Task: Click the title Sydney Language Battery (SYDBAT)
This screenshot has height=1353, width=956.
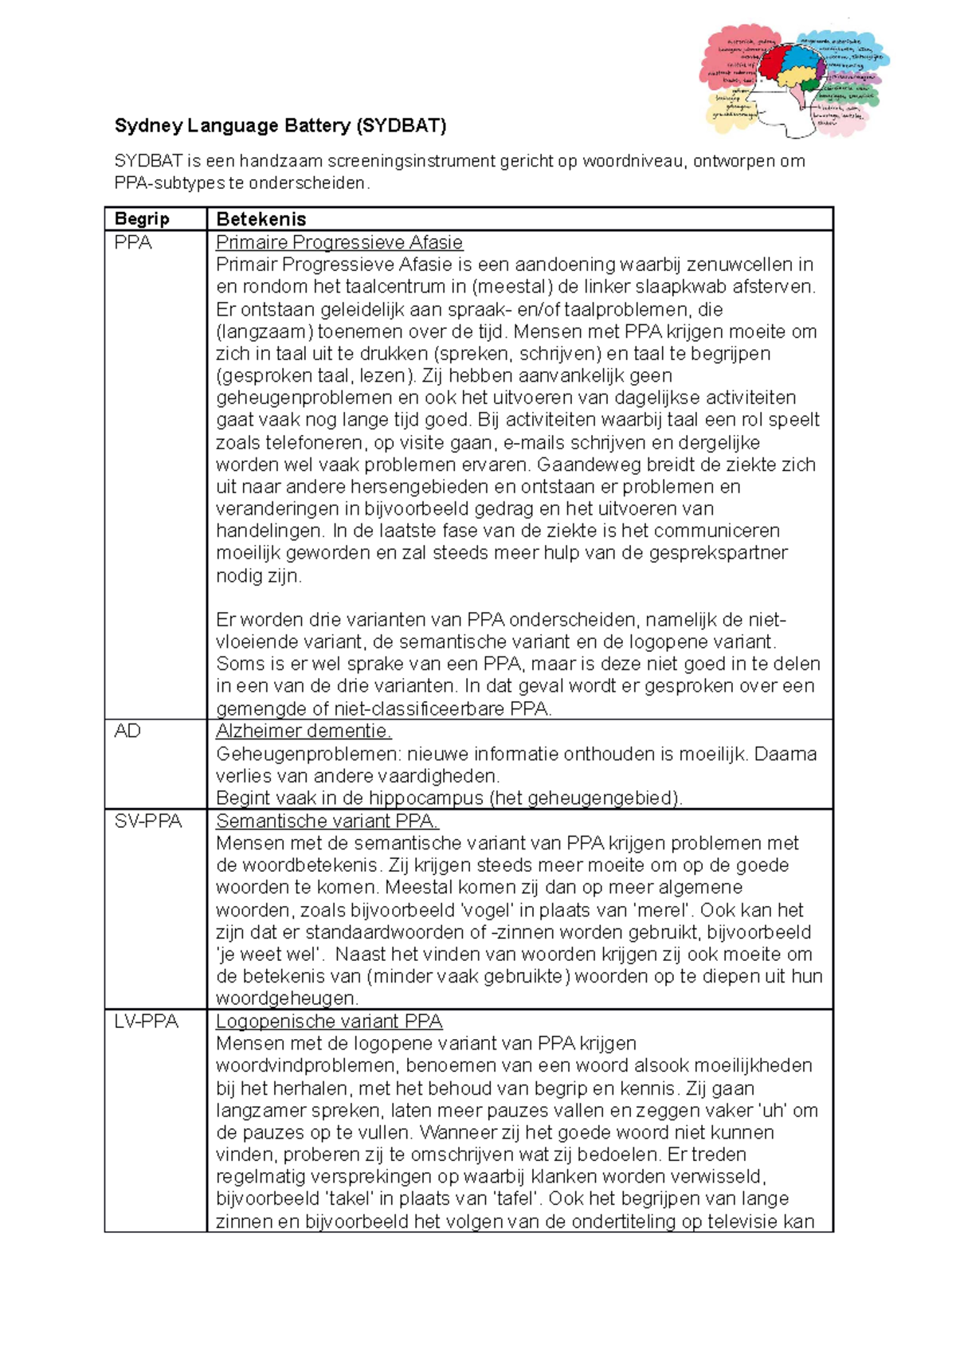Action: [280, 126]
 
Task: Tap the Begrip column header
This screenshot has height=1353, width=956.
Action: [142, 219]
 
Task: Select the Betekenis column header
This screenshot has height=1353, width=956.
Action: [261, 219]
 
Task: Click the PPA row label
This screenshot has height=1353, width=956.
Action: [133, 242]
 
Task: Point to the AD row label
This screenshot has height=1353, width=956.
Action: [127, 731]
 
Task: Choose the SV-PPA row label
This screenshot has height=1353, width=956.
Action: [148, 821]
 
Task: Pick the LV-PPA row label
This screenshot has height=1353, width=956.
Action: [147, 1022]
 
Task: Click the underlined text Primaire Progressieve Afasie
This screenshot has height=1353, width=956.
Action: [339, 242]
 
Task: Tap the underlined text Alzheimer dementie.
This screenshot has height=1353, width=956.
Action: [304, 731]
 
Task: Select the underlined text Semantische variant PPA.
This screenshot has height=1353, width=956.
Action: [327, 821]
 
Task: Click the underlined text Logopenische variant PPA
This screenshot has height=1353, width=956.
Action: [329, 1022]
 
